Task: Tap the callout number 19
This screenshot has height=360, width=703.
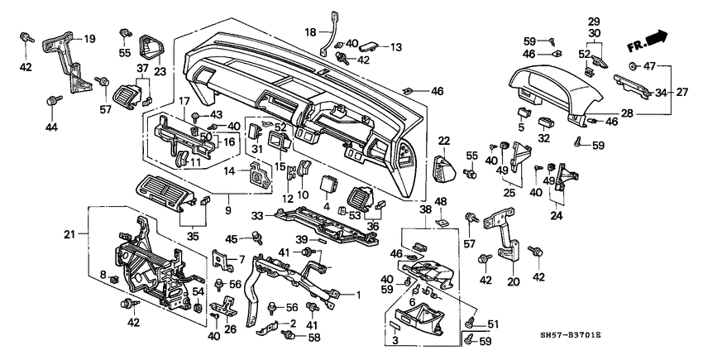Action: point(90,37)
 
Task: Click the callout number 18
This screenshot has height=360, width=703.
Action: point(310,32)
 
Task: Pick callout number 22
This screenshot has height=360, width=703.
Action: point(443,141)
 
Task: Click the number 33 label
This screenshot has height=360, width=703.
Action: point(258,215)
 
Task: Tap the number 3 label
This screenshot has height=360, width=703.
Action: point(396,340)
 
